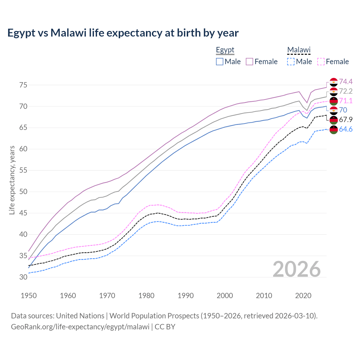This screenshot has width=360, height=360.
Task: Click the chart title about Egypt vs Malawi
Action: pyautogui.click(x=123, y=33)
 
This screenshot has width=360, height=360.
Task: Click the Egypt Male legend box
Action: pyautogui.click(x=220, y=62)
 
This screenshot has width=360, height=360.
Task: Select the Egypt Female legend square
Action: pyautogui.click(x=249, y=62)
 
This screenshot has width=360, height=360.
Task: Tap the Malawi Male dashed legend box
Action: pyautogui.click(x=291, y=62)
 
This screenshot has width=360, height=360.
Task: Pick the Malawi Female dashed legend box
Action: pyautogui.click(x=321, y=62)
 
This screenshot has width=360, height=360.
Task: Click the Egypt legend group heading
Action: pyautogui.click(x=225, y=50)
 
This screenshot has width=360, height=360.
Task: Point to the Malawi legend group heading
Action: pyautogui.click(x=299, y=50)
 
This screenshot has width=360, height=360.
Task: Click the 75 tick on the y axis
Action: pyautogui.click(x=23, y=85)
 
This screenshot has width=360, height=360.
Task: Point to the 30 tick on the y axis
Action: pyautogui.click(x=23, y=277)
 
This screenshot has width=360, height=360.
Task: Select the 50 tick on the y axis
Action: pyautogui.click(x=23, y=192)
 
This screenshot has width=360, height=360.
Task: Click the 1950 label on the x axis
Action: pyautogui.click(x=29, y=296)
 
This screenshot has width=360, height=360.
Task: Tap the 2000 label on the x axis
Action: pyautogui.click(x=225, y=296)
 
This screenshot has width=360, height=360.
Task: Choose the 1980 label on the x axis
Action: pyautogui.click(x=146, y=296)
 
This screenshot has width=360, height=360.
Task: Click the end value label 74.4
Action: pyautogui.click(x=346, y=82)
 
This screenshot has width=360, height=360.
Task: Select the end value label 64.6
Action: pyautogui.click(x=346, y=129)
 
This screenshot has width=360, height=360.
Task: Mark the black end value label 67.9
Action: pyautogui.click(x=346, y=120)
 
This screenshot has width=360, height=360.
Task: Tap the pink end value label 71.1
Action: pyautogui.click(x=346, y=101)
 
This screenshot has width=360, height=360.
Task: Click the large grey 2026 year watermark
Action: pyautogui.click(x=297, y=269)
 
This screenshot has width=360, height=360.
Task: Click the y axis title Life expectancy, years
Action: pyautogui.click(x=12, y=180)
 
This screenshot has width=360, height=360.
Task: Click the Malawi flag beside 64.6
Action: pyautogui.click(x=334, y=129)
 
